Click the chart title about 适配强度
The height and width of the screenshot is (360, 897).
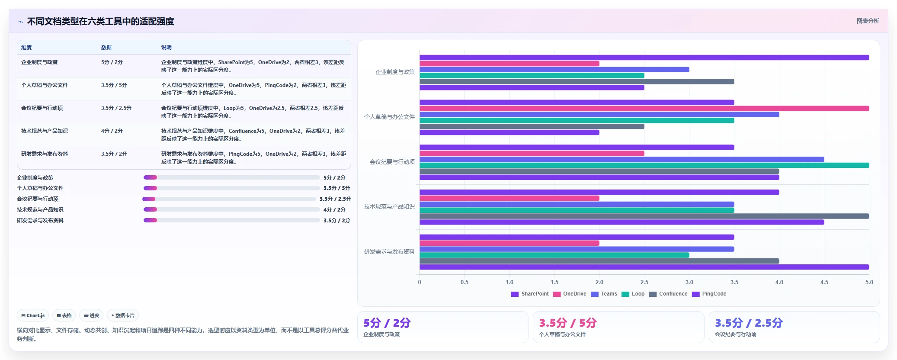(100, 21)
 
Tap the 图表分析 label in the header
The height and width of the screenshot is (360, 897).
(868, 21)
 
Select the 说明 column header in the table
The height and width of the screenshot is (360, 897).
(167, 47)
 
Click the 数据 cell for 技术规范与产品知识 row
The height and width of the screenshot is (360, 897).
(112, 131)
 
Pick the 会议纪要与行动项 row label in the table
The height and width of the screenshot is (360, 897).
(42, 108)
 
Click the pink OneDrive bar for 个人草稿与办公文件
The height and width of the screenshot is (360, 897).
(644, 108)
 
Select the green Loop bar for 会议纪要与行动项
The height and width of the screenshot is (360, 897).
(644, 165)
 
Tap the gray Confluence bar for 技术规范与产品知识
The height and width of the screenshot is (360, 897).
(644, 216)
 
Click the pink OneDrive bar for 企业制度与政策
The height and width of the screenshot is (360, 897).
(509, 64)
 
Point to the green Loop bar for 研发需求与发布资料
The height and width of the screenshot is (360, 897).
(554, 255)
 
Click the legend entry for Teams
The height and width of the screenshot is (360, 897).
(604, 294)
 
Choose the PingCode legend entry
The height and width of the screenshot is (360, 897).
(709, 294)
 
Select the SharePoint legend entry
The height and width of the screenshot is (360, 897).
(530, 294)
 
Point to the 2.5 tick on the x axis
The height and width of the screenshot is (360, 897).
(644, 282)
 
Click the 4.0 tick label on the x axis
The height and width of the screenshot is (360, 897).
(779, 282)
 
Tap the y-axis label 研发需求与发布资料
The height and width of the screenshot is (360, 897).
(389, 251)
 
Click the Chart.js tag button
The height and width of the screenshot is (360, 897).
(33, 315)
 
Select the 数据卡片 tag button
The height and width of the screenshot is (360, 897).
(123, 315)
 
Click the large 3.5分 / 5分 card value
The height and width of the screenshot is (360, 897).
(567, 323)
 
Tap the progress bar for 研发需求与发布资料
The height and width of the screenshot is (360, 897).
(231, 220)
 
